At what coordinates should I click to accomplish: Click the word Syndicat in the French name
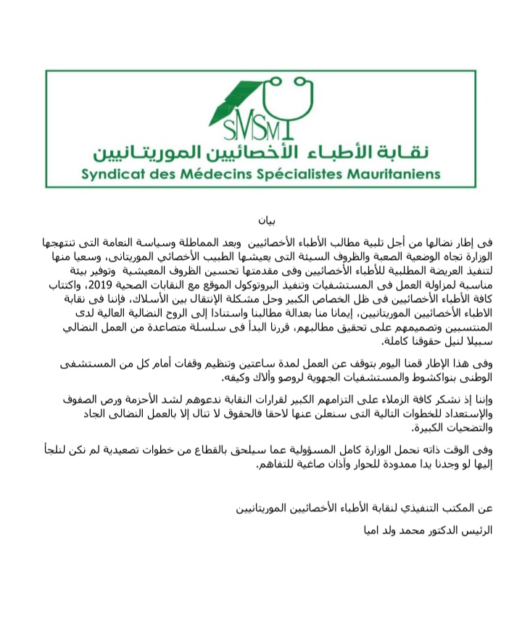pyautogui.click(x=115, y=175)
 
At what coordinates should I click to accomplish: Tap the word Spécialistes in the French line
pyautogui.click(x=297, y=175)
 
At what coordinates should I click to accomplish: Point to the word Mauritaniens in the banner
pyautogui.click(x=394, y=175)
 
